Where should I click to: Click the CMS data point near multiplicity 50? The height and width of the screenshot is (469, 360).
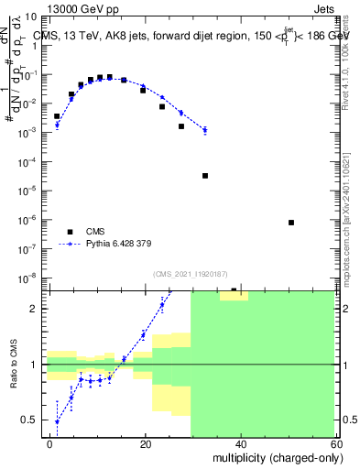click(291, 223)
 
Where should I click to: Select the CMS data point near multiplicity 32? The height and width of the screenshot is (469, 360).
click(205, 175)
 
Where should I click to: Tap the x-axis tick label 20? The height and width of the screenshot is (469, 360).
click(146, 443)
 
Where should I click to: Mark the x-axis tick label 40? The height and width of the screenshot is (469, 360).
click(240, 443)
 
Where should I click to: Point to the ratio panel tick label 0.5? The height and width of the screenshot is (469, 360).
click(34, 420)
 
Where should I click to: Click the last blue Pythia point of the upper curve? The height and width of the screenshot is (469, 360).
click(205, 130)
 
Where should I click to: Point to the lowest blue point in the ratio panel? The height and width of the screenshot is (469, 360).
click(57, 421)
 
